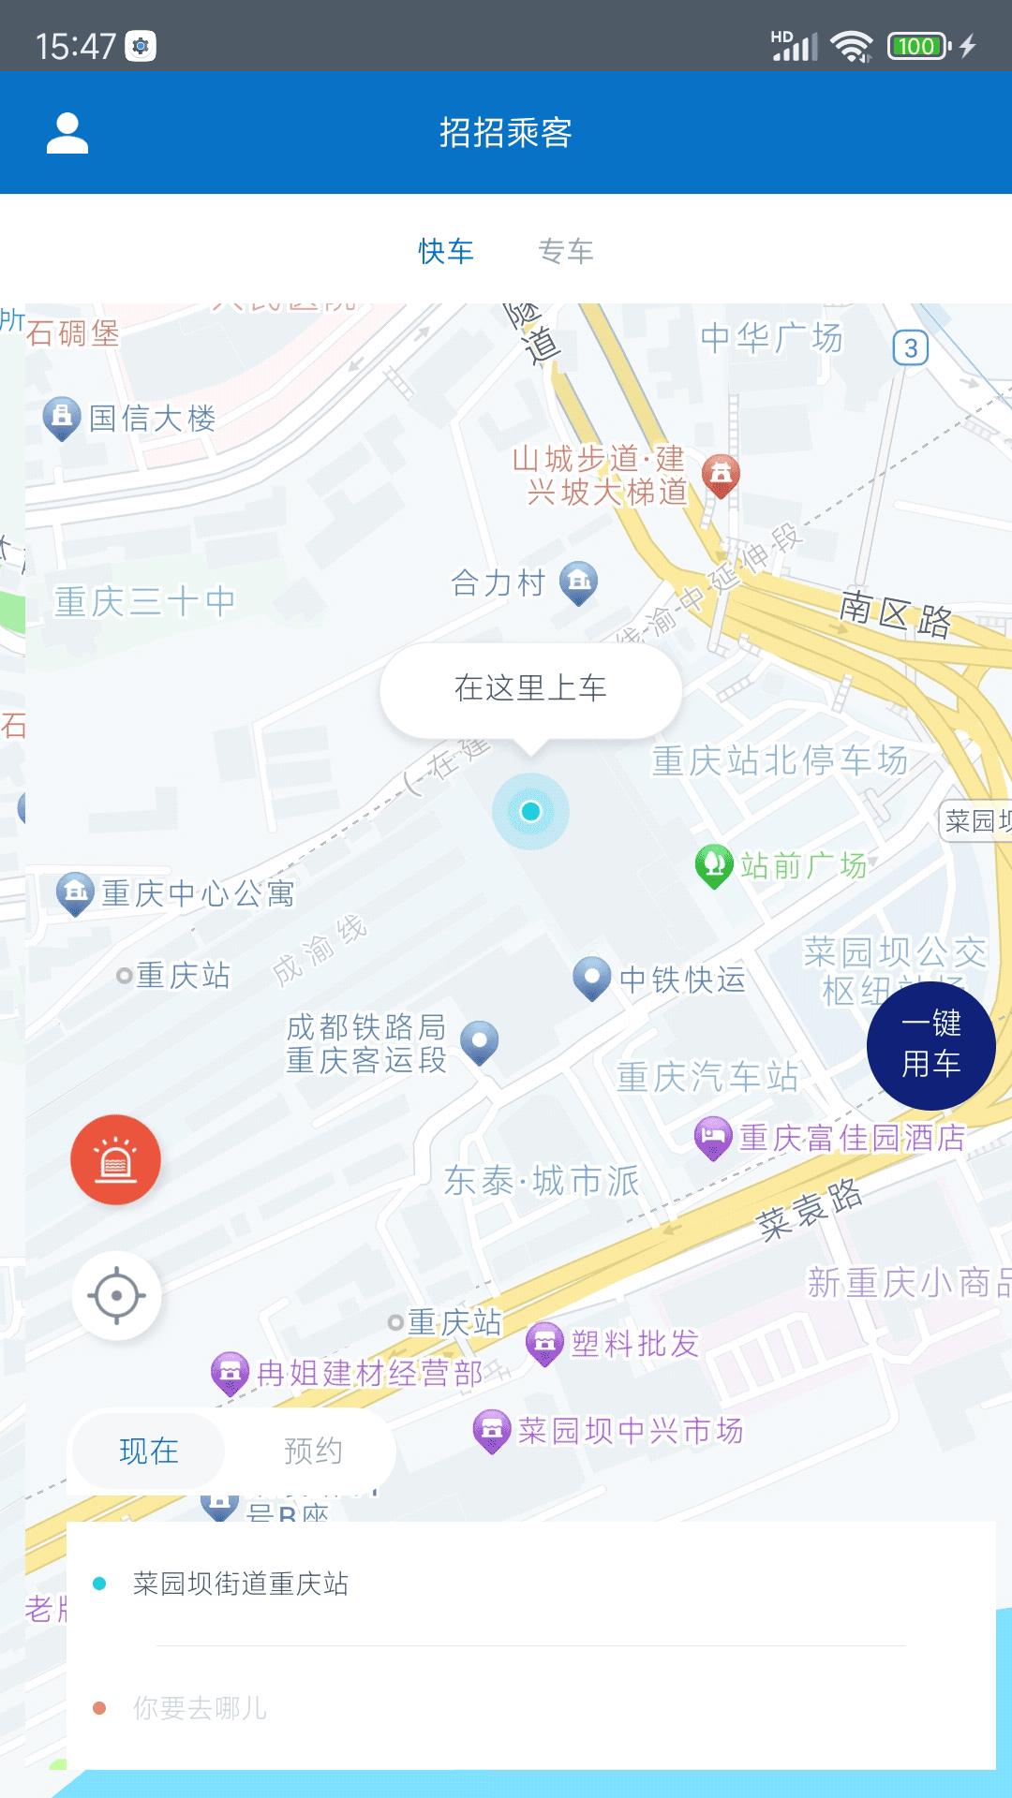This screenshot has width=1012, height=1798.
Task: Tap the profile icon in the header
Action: [67, 133]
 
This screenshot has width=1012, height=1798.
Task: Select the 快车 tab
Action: [446, 251]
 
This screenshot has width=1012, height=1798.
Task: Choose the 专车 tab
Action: [566, 251]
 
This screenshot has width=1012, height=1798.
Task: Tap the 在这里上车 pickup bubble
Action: [530, 689]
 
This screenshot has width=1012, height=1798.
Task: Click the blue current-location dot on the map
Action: [531, 811]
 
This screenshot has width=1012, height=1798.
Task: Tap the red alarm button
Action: [116, 1160]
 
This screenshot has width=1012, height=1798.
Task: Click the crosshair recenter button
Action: [117, 1296]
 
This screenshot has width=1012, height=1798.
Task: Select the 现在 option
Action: [149, 1452]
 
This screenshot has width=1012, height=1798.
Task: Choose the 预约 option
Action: [313, 1452]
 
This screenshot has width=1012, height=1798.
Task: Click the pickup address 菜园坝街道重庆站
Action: [241, 1584]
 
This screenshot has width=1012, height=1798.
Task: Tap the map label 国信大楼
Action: [153, 419]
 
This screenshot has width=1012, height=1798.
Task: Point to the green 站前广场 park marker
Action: [713, 865]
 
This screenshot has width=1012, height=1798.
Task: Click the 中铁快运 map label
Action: [682, 980]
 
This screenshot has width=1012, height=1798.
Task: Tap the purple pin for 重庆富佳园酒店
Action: [712, 1137]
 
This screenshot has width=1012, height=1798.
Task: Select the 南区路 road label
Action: [895, 614]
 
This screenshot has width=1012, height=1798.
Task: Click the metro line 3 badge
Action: [910, 348]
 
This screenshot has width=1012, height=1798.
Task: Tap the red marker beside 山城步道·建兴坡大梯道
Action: [721, 475]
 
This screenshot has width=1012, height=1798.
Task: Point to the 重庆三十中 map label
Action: [144, 601]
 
